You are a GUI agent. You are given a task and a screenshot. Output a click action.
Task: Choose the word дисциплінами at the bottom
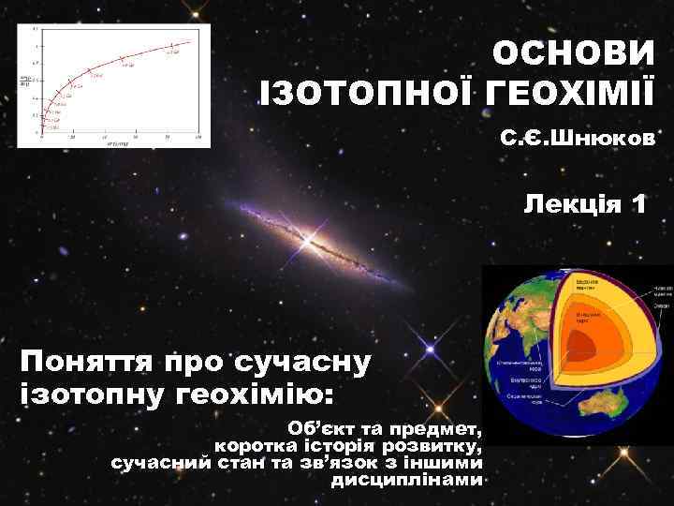tap(407, 481)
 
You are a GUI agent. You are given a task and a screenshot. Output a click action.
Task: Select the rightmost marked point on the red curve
tap(172, 46)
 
